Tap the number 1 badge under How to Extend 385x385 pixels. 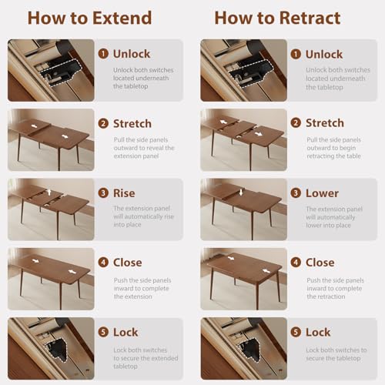[x=103, y=54]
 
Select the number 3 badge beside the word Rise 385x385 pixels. [x=103, y=193]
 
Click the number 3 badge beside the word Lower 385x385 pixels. [x=296, y=193]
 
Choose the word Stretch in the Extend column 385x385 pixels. [x=132, y=123]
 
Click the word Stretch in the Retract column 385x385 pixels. [x=325, y=123]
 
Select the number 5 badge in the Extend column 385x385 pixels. [x=103, y=332]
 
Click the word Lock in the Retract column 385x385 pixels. [x=319, y=332]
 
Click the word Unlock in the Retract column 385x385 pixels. [x=324, y=54]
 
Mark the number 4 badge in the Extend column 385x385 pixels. [x=103, y=263]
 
